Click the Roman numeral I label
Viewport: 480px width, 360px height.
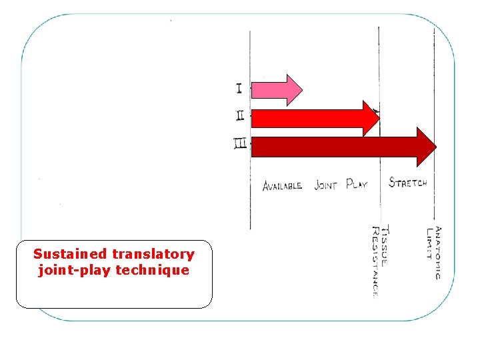pyautogui.click(x=239, y=87)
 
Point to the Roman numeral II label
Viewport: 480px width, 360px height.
pyautogui.click(x=240, y=115)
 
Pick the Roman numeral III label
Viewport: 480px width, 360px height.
pyautogui.click(x=241, y=143)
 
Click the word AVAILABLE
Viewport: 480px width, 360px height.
pyautogui.click(x=282, y=185)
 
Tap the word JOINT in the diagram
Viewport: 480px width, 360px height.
pyautogui.click(x=325, y=185)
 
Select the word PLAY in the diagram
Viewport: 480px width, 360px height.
pyautogui.click(x=357, y=184)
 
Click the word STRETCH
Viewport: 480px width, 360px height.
pyautogui.click(x=407, y=182)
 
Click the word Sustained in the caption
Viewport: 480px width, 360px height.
pyautogui.click(x=70, y=254)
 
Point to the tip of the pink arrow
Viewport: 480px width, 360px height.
pyautogui.click(x=301, y=89)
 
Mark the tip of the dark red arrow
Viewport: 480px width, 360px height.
pyautogui.click(x=436, y=147)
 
